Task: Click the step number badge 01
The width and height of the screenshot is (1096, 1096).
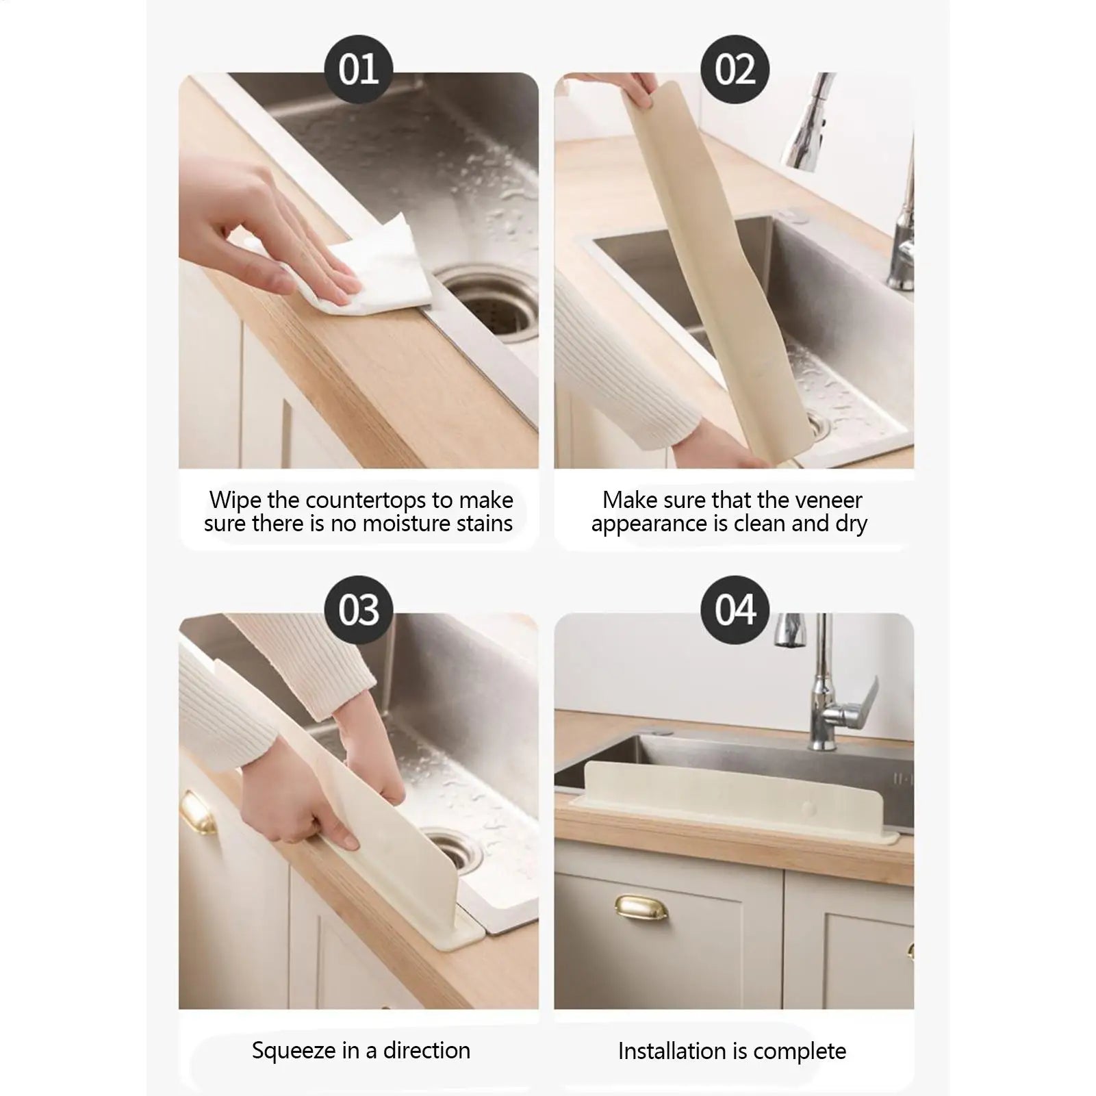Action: pos(358,70)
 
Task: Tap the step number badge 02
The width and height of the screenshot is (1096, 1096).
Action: pos(735,70)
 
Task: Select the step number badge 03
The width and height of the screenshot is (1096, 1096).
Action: pos(358,610)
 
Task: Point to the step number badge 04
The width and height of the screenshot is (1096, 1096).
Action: pos(735,610)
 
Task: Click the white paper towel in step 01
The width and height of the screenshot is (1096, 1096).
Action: pos(383,274)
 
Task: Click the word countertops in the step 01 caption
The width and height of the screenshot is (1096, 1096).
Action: pos(366,500)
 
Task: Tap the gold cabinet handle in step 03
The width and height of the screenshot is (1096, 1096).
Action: pos(199,815)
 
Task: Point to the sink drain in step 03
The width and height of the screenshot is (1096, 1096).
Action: pos(448,849)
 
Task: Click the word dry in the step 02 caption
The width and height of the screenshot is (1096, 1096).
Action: pos(851,524)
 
